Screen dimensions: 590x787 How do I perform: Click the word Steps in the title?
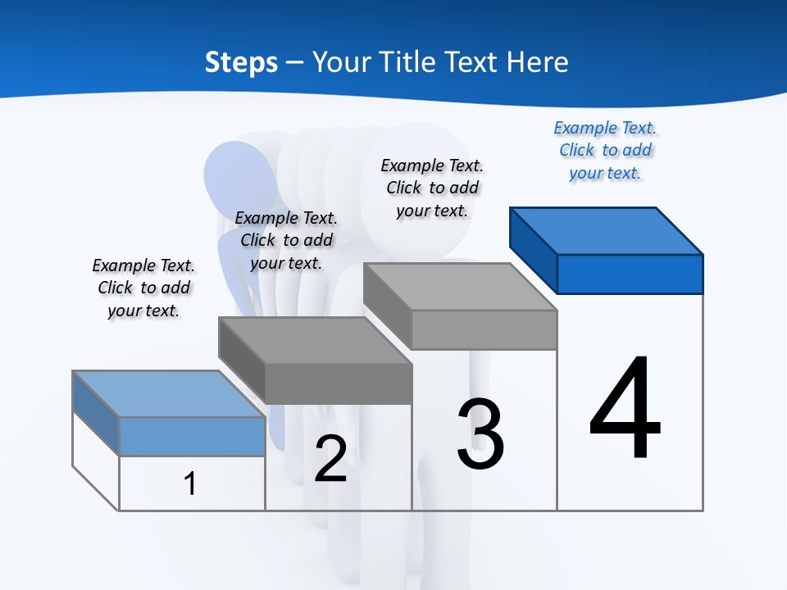[241, 62]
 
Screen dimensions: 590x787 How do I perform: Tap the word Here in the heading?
[538, 62]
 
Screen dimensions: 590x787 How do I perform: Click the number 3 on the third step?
[480, 434]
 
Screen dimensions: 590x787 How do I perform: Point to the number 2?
[330, 459]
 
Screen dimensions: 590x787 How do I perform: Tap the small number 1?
[190, 483]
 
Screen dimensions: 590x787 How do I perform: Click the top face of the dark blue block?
[607, 230]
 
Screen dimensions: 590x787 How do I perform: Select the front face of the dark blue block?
[630, 274]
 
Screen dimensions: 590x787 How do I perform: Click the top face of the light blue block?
[169, 393]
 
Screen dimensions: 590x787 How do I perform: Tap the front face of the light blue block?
[192, 436]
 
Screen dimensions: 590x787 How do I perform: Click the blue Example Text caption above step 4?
[605, 150]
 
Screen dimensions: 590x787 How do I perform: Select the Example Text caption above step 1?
[143, 288]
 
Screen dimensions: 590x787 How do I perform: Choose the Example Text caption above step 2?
[286, 240]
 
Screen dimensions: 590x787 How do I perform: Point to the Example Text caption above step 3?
[432, 188]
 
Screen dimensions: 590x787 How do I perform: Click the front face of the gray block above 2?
[338, 383]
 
